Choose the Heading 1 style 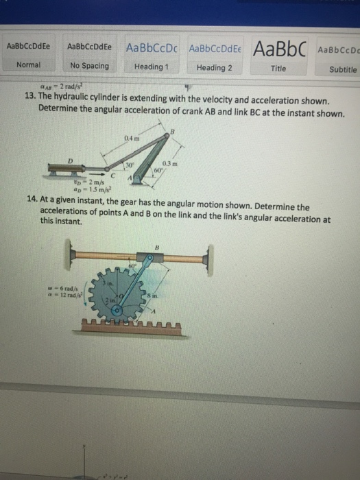pyautogui.click(x=149, y=67)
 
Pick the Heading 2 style pyautogui.click(x=214, y=67)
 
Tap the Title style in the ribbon pyautogui.click(x=278, y=68)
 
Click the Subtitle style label pyautogui.click(x=342, y=69)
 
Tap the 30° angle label pyautogui.click(x=128, y=166)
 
